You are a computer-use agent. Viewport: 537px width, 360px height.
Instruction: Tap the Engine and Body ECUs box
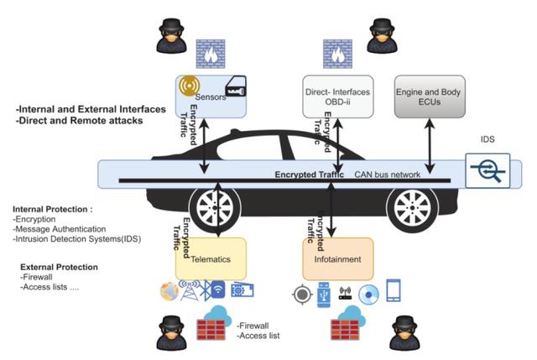coord(429,96)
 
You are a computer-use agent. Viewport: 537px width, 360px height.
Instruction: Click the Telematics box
coord(211,259)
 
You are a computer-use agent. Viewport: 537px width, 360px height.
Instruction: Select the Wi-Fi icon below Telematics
coord(216,292)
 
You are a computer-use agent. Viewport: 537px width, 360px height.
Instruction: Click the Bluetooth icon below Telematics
coord(201,292)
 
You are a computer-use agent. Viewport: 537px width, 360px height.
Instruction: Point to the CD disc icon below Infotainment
coord(368,294)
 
